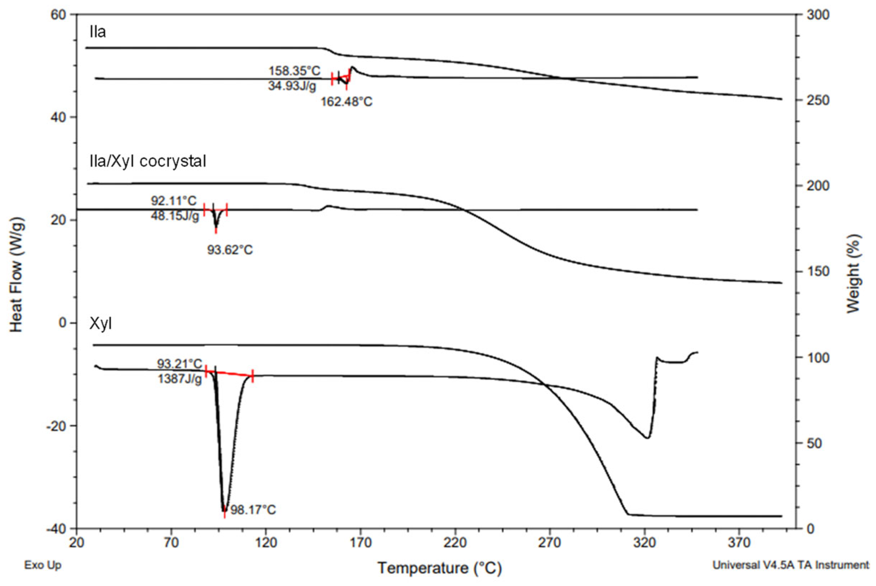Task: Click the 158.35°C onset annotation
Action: pyautogui.click(x=294, y=71)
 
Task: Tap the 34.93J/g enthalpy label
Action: pyautogui.click(x=292, y=86)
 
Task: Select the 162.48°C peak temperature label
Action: pyautogui.click(x=346, y=102)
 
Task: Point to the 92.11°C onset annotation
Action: pyautogui.click(x=173, y=201)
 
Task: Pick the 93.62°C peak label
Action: pyautogui.click(x=230, y=250)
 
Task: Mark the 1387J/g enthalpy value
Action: pyautogui.click(x=179, y=379)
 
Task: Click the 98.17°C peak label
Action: pyautogui.click(x=253, y=510)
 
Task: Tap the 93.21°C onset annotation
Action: pyautogui.click(x=179, y=363)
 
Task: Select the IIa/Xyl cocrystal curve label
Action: pyautogui.click(x=148, y=162)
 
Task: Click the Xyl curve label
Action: pyautogui.click(x=100, y=324)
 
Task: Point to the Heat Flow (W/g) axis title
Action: pyautogui.click(x=16, y=276)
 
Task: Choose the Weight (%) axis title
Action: pyautogui.click(x=853, y=274)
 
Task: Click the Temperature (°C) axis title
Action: pyautogui.click(x=439, y=568)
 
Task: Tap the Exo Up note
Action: pyautogui.click(x=43, y=565)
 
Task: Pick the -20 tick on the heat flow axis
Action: pyautogui.click(x=56, y=426)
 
